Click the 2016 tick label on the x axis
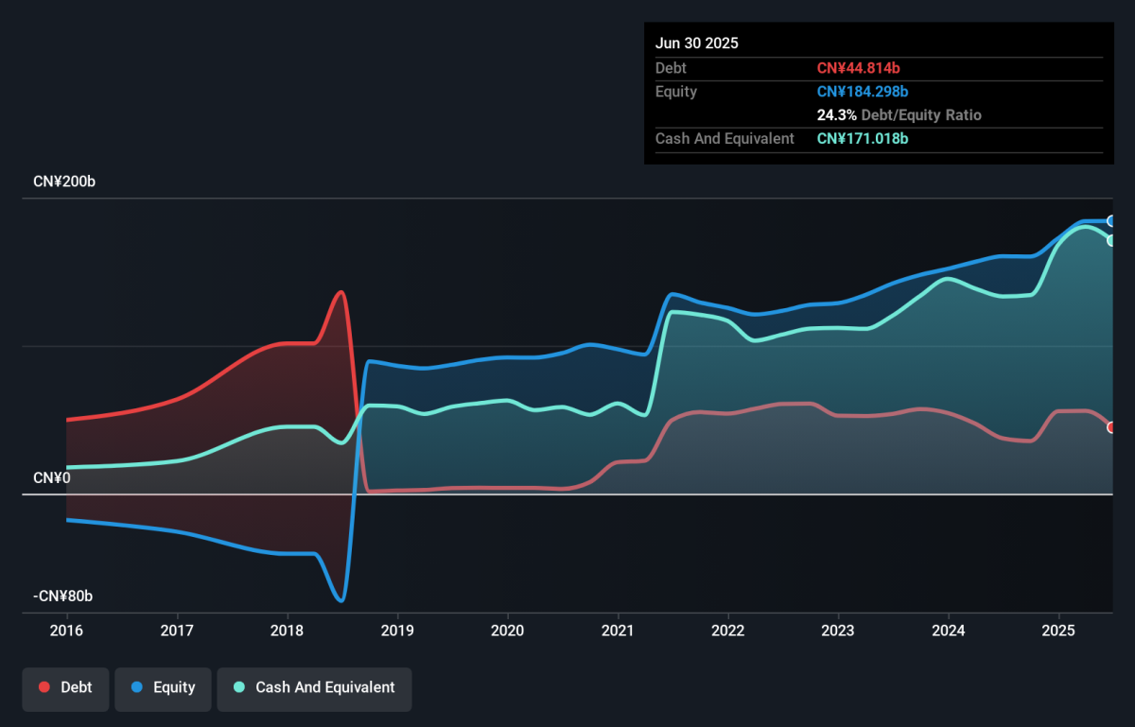coord(66,631)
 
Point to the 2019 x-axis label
coord(398,631)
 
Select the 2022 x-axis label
coord(728,631)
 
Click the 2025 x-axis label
coord(1058,631)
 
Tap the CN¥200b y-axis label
coord(64,182)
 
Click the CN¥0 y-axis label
coord(52,477)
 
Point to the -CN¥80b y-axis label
coord(62,597)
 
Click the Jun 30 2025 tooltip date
coord(697,43)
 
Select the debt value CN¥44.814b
coord(859,68)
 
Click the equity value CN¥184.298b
coord(863,92)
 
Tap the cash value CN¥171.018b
coord(863,139)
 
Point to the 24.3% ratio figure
coord(836,115)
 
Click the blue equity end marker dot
coord(1110,221)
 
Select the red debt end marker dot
coord(1110,427)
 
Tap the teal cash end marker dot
coord(1110,241)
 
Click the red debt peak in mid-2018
coord(341,292)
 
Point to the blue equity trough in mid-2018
coord(341,601)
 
